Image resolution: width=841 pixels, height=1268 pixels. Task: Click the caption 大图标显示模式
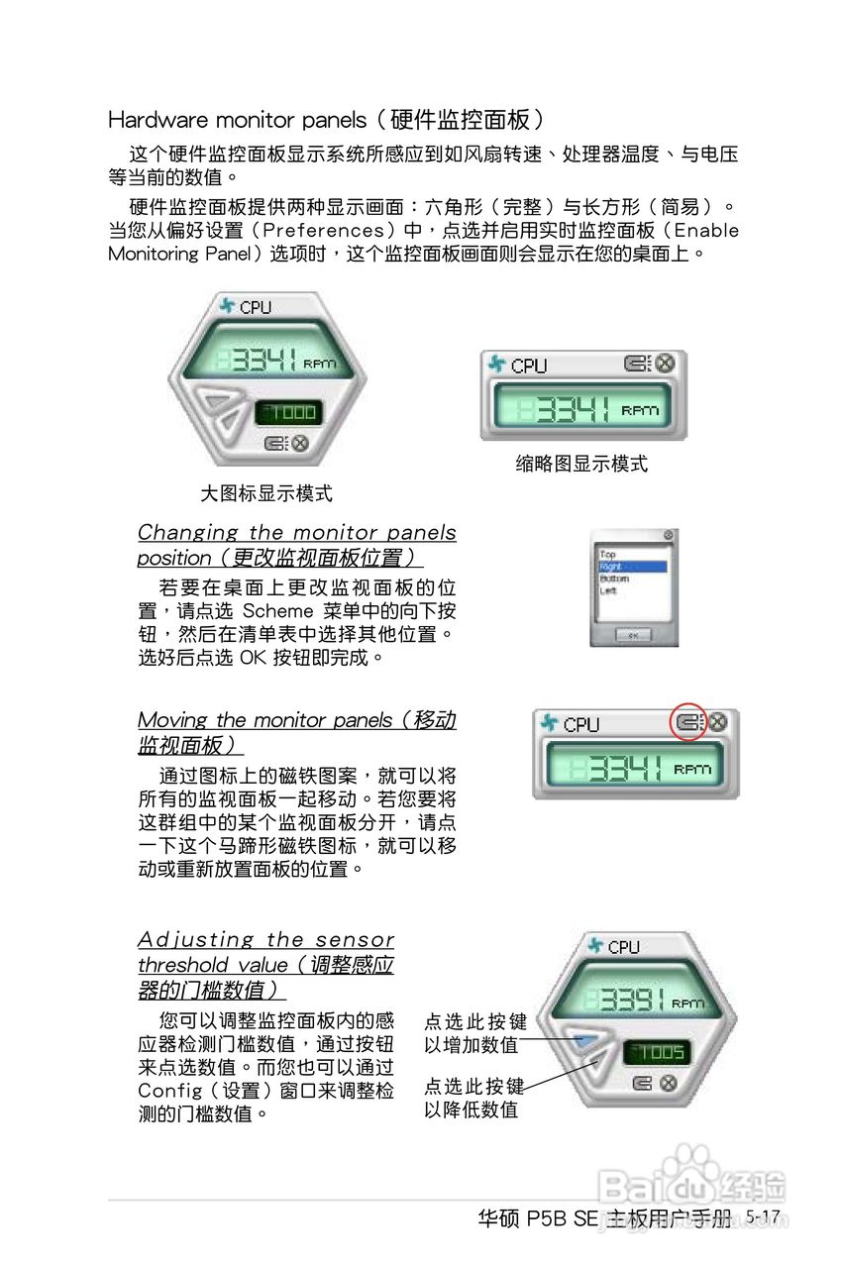(x=266, y=492)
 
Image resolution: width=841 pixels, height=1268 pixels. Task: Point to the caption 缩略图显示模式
(x=581, y=464)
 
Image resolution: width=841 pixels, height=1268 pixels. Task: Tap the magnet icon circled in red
(x=689, y=723)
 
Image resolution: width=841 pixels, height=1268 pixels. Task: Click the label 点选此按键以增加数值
(x=475, y=1033)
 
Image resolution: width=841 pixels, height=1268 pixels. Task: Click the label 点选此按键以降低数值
(x=475, y=1098)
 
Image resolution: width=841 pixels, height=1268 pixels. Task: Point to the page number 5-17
(x=764, y=1216)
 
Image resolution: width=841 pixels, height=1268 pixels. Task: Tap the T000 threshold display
(x=287, y=412)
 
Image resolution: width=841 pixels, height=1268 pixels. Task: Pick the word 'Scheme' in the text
(x=278, y=611)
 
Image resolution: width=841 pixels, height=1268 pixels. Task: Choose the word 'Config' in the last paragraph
(x=170, y=1092)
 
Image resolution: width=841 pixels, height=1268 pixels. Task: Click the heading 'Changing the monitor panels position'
(x=296, y=545)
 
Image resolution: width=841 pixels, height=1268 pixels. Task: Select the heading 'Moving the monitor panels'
(x=296, y=732)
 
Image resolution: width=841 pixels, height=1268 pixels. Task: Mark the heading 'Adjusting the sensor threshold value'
(x=265, y=964)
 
